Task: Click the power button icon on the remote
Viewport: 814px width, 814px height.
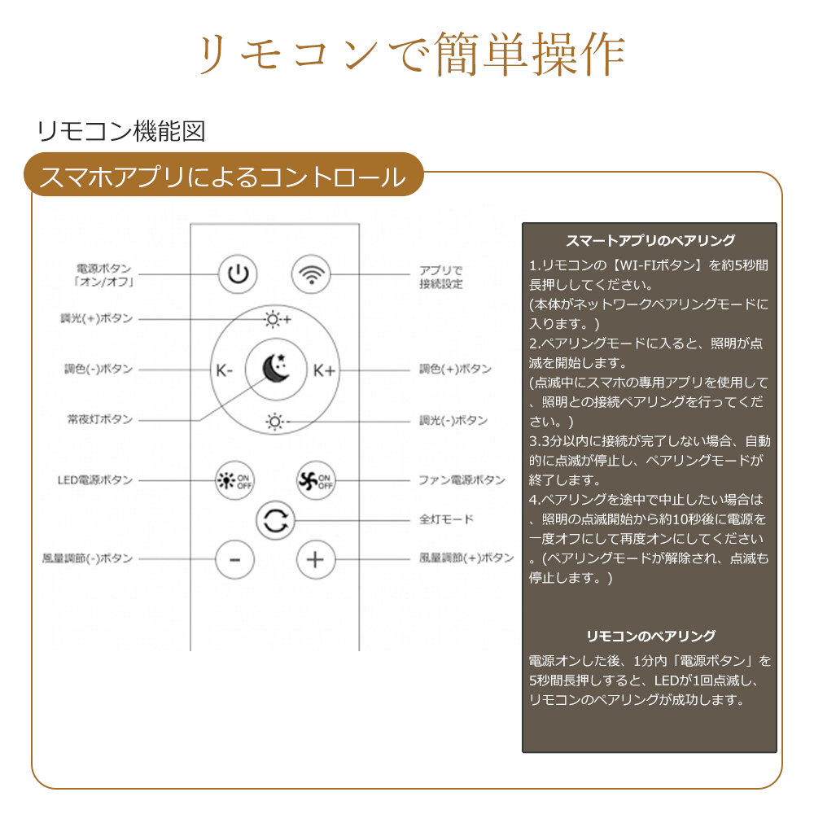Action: pos(238,274)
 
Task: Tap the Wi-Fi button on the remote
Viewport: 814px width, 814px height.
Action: pos(311,274)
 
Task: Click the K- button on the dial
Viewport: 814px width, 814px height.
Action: pos(225,370)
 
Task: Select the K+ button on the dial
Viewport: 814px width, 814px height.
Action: pos(325,370)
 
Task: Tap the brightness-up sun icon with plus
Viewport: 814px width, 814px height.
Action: pos(278,319)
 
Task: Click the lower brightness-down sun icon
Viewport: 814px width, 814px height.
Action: pos(275,422)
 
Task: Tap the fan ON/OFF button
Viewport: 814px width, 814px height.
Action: pos(316,481)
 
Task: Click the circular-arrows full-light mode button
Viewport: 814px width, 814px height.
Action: pos(276,521)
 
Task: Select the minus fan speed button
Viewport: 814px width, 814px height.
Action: pos(234,560)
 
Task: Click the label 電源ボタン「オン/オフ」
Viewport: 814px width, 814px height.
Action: pos(104,275)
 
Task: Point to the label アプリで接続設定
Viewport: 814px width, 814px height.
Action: pos(440,277)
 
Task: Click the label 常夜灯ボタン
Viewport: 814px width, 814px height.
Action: pos(100,419)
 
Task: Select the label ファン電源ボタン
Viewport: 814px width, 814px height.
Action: pos(462,479)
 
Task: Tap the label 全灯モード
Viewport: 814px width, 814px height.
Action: pos(446,519)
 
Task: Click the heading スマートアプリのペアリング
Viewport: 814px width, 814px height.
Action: pos(650,240)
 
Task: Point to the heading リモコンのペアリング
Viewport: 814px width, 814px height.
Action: pos(650,636)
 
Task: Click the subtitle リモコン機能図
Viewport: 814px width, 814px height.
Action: pos(121,131)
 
